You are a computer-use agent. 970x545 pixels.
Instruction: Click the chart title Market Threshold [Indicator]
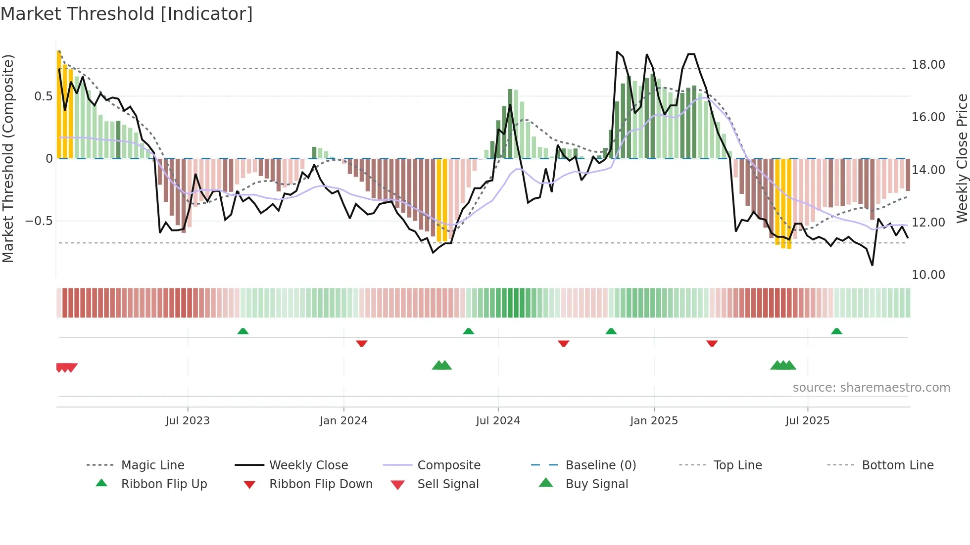tap(127, 14)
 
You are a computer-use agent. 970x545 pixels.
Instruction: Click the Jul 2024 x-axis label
tap(498, 421)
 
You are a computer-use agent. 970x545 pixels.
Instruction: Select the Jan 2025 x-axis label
tap(654, 421)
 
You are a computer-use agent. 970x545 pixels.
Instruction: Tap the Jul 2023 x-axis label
tap(188, 421)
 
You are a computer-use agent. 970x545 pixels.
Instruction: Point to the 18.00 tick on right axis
tap(928, 65)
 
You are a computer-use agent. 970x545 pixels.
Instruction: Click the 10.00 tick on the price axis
tap(928, 275)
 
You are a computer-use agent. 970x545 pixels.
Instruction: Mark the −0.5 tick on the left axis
tap(39, 221)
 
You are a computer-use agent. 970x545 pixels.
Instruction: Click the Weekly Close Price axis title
tap(962, 158)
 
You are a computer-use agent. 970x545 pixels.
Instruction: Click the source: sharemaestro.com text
tap(871, 388)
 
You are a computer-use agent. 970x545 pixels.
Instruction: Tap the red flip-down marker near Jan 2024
tap(362, 343)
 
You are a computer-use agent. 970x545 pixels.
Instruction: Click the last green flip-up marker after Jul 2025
tap(836, 331)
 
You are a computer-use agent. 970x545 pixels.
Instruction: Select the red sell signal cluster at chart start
tap(66, 367)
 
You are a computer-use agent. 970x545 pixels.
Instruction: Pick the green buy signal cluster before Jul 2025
tap(783, 365)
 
